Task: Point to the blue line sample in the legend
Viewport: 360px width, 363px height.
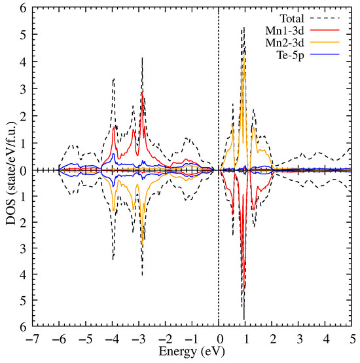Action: (334, 56)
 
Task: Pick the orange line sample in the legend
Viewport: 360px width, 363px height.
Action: (334, 44)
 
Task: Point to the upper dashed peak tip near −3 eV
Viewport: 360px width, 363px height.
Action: (142, 58)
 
